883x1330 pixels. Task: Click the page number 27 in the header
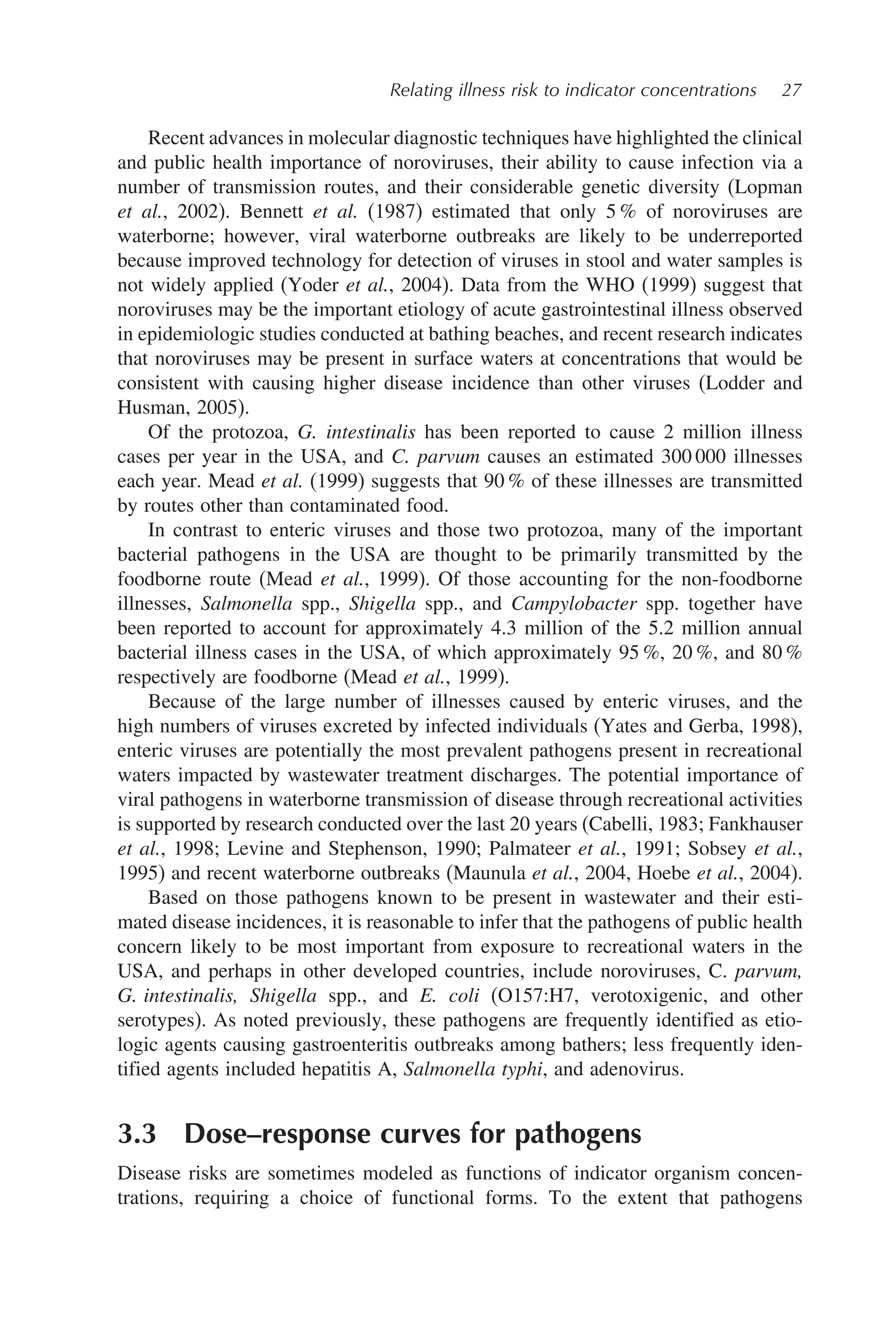tap(791, 90)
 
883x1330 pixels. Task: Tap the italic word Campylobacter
tap(574, 603)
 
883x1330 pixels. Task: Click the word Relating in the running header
tap(417, 90)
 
